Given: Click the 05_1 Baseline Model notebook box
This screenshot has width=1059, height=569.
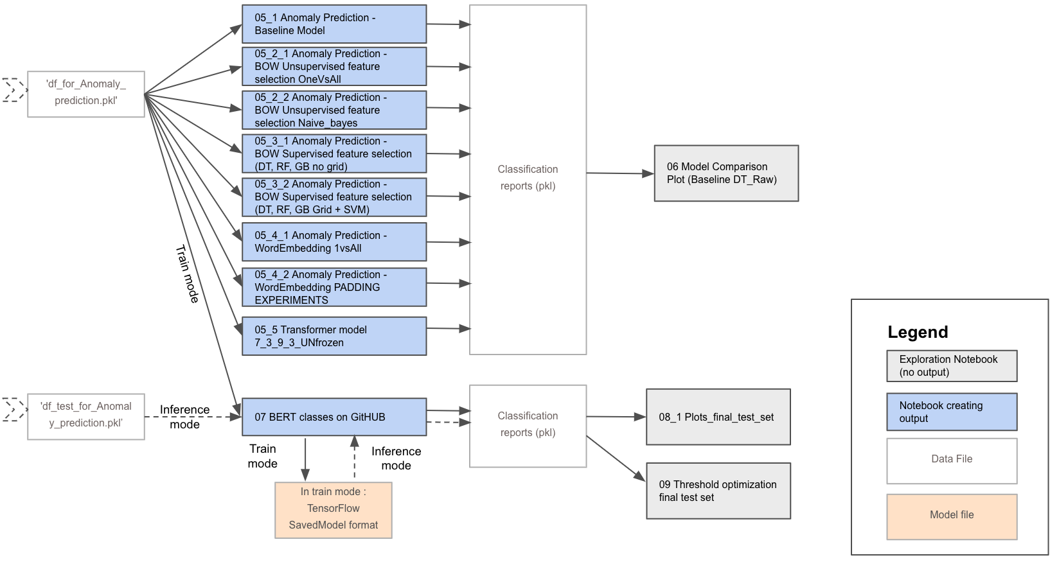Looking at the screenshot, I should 334,24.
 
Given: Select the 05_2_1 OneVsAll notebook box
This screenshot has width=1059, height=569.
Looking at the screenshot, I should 334,66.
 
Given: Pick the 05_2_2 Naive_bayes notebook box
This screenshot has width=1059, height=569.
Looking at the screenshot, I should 334,110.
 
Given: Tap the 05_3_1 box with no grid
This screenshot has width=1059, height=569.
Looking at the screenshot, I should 334,153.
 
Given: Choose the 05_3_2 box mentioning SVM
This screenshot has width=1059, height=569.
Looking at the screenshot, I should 334,197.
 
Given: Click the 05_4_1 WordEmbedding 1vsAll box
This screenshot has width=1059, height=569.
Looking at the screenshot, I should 334,241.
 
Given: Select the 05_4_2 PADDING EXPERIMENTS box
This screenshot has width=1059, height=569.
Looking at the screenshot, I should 334,287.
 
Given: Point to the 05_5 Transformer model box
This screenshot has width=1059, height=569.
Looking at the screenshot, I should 334,336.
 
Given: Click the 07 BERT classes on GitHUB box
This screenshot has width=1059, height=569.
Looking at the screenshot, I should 334,417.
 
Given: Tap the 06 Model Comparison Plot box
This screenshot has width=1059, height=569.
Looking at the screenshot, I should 726,173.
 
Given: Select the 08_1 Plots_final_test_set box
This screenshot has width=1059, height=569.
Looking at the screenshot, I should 718,417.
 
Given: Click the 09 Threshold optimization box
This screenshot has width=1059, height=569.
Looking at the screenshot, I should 718,491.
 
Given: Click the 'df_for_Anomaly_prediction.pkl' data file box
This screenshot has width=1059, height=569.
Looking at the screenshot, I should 85,94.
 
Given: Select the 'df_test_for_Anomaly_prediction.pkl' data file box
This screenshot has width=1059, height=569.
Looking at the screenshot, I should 85,416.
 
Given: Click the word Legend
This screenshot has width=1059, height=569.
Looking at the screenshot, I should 918,332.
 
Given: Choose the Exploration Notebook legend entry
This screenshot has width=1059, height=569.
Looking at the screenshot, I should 952,366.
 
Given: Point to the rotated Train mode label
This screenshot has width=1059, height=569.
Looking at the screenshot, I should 187,274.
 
